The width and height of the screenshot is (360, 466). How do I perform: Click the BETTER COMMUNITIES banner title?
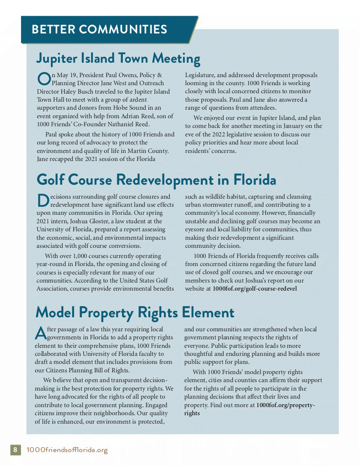99,29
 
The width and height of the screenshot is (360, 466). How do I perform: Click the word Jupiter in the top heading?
58,58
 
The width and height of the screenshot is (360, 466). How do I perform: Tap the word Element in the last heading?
208,313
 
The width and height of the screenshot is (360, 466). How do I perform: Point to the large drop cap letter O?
44,79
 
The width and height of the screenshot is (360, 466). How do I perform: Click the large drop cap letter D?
43,200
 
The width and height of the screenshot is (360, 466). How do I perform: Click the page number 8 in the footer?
15,449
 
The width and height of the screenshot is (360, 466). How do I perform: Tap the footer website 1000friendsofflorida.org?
67,449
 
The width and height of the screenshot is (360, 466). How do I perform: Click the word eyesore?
195,229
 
